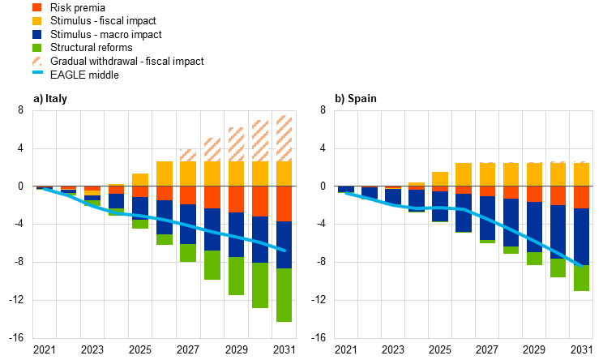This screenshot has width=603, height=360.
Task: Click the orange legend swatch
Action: click(x=36, y=7)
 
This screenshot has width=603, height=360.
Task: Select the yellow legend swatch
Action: click(x=36, y=21)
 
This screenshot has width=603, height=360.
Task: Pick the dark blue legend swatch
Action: click(x=36, y=35)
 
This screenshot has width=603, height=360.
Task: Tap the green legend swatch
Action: click(x=36, y=48)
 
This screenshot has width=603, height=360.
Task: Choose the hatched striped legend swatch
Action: click(x=36, y=61)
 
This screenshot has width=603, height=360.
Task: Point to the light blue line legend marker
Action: click(x=37, y=72)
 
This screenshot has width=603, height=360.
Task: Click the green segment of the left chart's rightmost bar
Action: click(x=284, y=295)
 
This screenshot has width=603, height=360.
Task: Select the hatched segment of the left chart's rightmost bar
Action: click(x=284, y=138)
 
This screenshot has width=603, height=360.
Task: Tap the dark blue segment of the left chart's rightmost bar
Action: click(x=284, y=245)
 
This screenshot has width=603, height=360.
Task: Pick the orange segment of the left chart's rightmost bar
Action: click(x=284, y=204)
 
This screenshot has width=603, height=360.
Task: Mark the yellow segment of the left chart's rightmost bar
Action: click(x=284, y=174)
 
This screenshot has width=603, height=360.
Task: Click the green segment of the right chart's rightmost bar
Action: click(x=581, y=278)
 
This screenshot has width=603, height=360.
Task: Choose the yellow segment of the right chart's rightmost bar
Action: click(x=581, y=174)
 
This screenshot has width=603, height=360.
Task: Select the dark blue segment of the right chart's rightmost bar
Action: click(x=581, y=237)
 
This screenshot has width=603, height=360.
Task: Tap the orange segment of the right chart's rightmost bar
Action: click(x=581, y=197)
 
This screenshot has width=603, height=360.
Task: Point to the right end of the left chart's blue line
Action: click(x=284, y=251)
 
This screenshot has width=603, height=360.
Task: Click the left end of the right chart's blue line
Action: click(x=346, y=193)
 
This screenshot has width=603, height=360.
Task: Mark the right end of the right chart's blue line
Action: click(x=581, y=265)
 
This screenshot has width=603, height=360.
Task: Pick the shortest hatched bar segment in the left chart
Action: click(x=188, y=155)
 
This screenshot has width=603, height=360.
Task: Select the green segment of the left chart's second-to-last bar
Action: click(x=260, y=285)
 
